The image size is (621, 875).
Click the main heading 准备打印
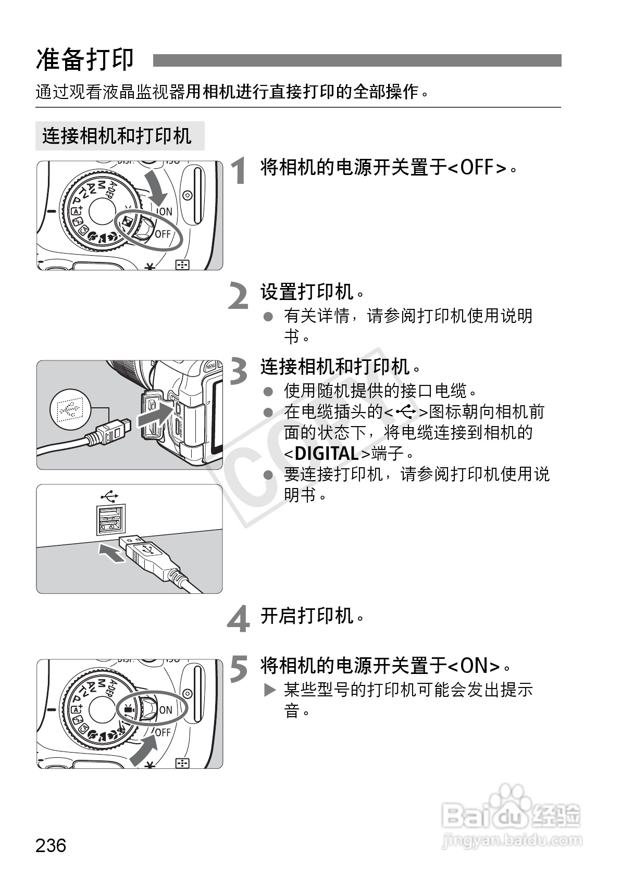coord(85,60)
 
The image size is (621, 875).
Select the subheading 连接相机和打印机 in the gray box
coord(117,136)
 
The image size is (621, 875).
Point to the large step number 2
coord(238,295)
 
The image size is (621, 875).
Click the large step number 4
coord(239,618)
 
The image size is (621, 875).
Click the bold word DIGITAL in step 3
coord(327,454)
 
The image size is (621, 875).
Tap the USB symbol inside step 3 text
coord(406,412)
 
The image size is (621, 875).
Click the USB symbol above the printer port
coord(110,496)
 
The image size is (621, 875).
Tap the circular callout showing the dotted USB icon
coord(70,409)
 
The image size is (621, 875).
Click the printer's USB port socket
coord(111,520)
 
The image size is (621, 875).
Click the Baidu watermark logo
coord(511,818)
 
